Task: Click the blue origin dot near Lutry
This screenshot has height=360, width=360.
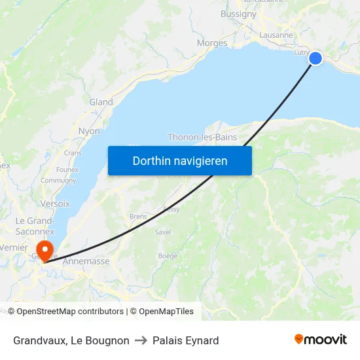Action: click(315, 58)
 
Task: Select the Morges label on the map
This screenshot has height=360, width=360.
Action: click(212, 43)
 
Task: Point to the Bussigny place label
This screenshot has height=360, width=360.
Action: click(238, 14)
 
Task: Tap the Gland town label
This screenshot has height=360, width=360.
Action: click(101, 102)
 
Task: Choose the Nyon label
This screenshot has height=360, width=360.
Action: click(89, 131)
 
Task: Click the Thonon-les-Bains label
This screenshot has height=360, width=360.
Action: click(202, 137)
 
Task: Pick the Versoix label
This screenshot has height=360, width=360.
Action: click(55, 204)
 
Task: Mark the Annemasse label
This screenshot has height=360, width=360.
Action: click(86, 261)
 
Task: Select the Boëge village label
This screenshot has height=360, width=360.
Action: click(168, 256)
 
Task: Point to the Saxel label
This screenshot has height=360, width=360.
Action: click(163, 232)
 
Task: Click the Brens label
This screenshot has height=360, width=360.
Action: click(138, 217)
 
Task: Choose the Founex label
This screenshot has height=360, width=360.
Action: click(67, 170)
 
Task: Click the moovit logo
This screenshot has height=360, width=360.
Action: click(320, 340)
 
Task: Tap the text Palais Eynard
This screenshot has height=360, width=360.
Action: click(185, 340)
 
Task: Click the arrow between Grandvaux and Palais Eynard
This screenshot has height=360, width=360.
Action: click(141, 340)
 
